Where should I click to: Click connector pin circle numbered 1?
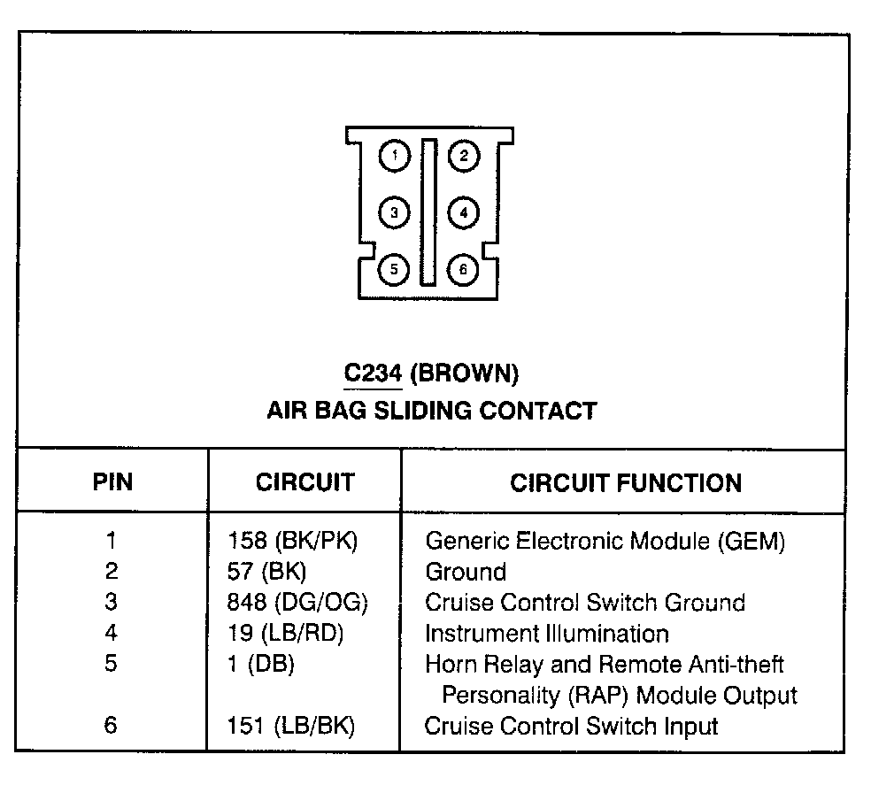394,158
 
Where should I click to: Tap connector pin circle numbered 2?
463,158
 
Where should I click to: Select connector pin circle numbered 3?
394,212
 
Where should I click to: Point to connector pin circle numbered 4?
463,212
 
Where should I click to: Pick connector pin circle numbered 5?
394,268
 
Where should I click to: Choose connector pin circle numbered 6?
463,268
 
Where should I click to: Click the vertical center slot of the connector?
429,212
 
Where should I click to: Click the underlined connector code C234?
374,373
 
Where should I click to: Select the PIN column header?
112,482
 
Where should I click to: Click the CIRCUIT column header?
304,482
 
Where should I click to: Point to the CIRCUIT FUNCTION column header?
626,482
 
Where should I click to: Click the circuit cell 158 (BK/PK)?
292,541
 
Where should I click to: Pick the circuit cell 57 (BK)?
266,572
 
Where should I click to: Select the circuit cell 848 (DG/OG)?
297,603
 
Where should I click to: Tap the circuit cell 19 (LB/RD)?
285,634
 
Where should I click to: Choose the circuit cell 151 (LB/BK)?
290,727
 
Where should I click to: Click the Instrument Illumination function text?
546,634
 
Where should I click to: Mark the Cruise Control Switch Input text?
571,727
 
